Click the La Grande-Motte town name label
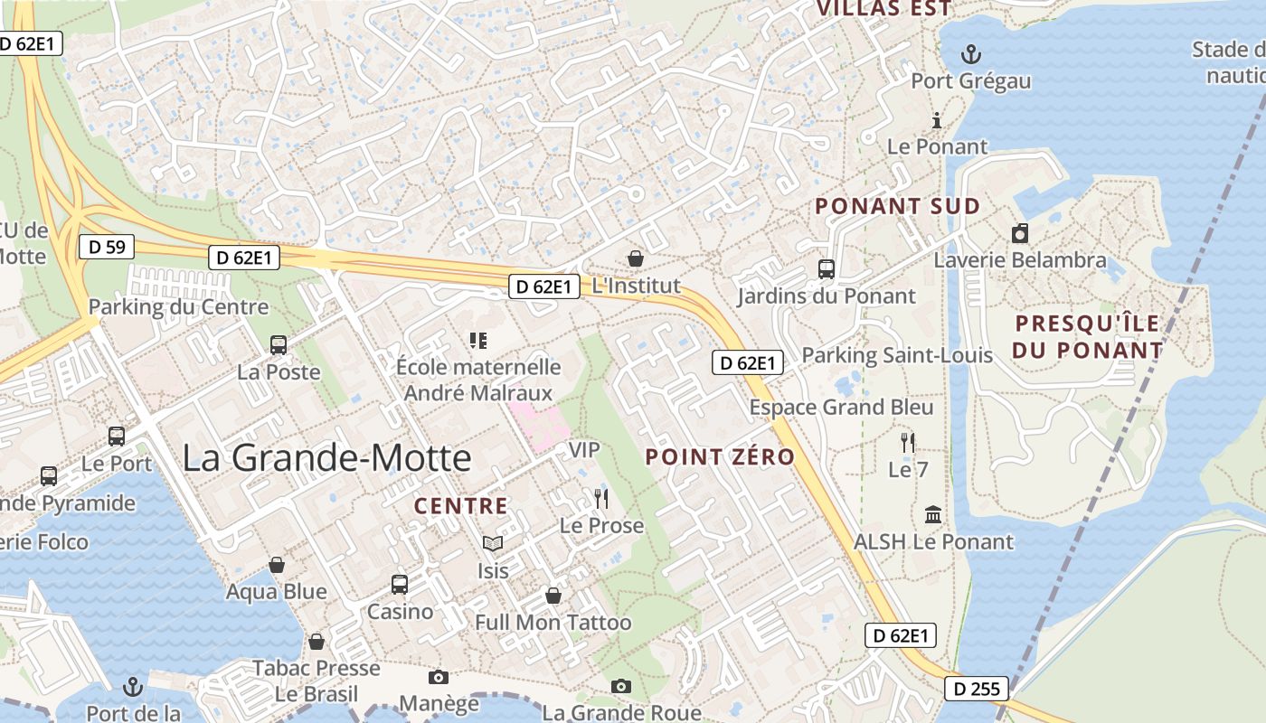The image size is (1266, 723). (x=326, y=457)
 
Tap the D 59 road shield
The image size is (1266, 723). (x=107, y=246)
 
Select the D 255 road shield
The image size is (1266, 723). (x=977, y=689)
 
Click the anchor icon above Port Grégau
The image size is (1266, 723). (x=970, y=54)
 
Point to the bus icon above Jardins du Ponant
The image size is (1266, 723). (x=826, y=268)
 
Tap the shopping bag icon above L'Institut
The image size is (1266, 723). (x=636, y=258)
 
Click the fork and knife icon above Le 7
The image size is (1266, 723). (x=908, y=442)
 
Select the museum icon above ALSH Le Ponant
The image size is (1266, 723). (x=933, y=515)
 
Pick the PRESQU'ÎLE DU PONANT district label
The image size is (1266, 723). (x=1088, y=336)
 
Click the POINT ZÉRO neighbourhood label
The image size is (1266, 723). (x=720, y=457)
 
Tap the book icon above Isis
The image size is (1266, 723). (x=492, y=543)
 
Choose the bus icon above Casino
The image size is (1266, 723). (x=399, y=585)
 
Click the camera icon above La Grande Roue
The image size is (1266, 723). (x=620, y=686)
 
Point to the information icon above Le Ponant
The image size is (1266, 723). (x=937, y=120)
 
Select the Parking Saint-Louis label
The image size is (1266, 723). (x=897, y=355)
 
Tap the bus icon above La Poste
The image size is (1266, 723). (x=279, y=344)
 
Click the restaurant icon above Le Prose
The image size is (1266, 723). (x=601, y=498)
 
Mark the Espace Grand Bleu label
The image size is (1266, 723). (x=841, y=408)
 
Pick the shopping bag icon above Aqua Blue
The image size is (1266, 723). (x=277, y=565)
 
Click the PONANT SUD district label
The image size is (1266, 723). (x=897, y=206)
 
